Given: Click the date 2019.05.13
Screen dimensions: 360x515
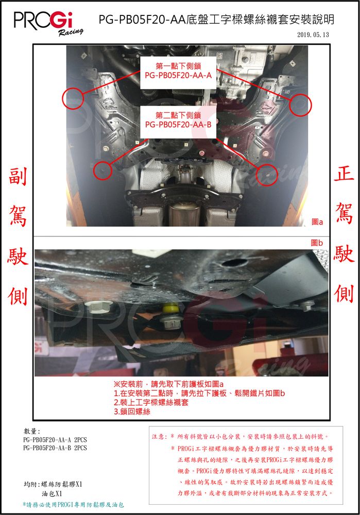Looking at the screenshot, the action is click(x=313, y=35).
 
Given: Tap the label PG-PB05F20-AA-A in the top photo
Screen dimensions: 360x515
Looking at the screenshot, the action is click(x=178, y=75).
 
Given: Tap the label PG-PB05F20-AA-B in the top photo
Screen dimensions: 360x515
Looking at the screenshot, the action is click(x=178, y=125).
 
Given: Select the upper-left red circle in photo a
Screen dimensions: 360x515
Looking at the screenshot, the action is click(x=73, y=98).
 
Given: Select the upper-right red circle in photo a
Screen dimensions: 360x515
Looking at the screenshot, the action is click(x=301, y=105).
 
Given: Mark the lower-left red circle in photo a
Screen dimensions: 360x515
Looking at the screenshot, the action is click(x=102, y=170).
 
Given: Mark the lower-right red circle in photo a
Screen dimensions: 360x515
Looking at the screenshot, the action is click(x=267, y=175).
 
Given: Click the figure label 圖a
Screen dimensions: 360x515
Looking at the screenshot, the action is click(x=317, y=222).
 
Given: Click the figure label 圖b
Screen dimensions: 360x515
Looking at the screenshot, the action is click(x=317, y=243).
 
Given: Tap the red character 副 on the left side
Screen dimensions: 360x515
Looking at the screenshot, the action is click(x=18, y=176).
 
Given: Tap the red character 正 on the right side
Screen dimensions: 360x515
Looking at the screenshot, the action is click(x=344, y=174).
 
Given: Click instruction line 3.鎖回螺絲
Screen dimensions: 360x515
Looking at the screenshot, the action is click(x=132, y=411).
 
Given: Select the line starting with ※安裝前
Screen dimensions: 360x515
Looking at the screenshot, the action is click(x=168, y=384).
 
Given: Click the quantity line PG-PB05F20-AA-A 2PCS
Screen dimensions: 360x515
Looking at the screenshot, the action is click(x=55, y=440).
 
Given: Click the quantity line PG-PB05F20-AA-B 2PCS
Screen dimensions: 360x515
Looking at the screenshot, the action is click(x=55, y=448).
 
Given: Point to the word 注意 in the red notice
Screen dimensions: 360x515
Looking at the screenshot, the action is click(x=159, y=437).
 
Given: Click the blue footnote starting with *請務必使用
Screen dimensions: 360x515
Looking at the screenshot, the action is click(x=73, y=505).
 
